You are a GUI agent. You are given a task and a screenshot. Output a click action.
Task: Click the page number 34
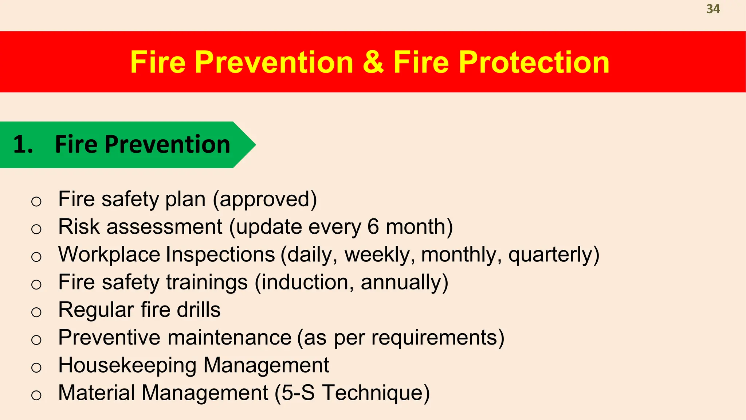pyautogui.click(x=713, y=9)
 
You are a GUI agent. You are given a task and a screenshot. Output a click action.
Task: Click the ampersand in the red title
pyautogui.click(x=373, y=62)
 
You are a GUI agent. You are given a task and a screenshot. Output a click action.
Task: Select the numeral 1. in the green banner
pyautogui.click(x=23, y=144)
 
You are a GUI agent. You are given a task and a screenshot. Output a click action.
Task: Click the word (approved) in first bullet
pyautogui.click(x=265, y=199)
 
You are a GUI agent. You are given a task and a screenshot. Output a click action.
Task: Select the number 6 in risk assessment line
pyautogui.click(x=373, y=227)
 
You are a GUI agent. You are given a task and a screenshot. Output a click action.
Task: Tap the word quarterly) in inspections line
pyautogui.click(x=554, y=254)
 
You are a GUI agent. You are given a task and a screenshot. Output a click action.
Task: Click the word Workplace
pyautogui.click(x=109, y=254)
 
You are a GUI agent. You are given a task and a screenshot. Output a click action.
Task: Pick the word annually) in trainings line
pyautogui.click(x=404, y=283)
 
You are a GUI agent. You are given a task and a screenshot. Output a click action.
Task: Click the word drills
pyautogui.click(x=199, y=310)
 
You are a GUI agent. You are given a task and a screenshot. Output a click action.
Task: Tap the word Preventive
pyautogui.click(x=109, y=338)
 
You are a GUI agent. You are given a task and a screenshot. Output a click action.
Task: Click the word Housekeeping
pyautogui.click(x=127, y=365)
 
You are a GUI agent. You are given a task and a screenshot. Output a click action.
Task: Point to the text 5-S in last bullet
pyautogui.click(x=298, y=393)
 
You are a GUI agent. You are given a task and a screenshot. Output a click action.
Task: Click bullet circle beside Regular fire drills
pyautogui.click(x=36, y=312)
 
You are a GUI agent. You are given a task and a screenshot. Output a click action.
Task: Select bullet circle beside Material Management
pyautogui.click(x=36, y=395)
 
